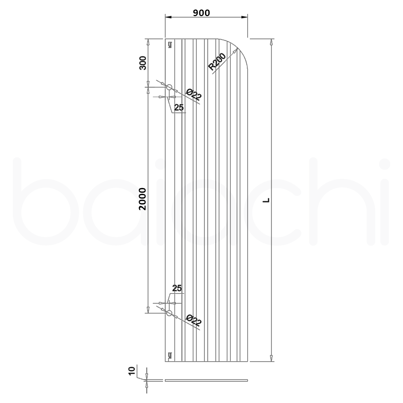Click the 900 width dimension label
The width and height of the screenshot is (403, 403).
click(201, 13)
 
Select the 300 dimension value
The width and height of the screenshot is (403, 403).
click(143, 63)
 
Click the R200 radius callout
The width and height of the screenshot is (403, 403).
click(217, 61)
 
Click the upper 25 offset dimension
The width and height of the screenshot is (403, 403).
click(179, 107)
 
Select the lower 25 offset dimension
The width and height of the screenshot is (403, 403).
click(177, 288)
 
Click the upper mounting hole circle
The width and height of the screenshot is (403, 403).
click(169, 87)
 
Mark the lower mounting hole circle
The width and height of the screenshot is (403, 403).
click(169, 313)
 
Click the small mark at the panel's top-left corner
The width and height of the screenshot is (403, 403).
click(170, 45)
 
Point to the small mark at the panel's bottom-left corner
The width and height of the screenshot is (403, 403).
click(170, 355)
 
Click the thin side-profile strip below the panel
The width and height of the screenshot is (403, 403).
click(206, 380)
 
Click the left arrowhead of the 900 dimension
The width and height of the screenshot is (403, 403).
click(168, 17)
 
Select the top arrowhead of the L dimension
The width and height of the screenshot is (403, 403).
click(271, 42)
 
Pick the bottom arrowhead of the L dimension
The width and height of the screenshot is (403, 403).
click(271, 358)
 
